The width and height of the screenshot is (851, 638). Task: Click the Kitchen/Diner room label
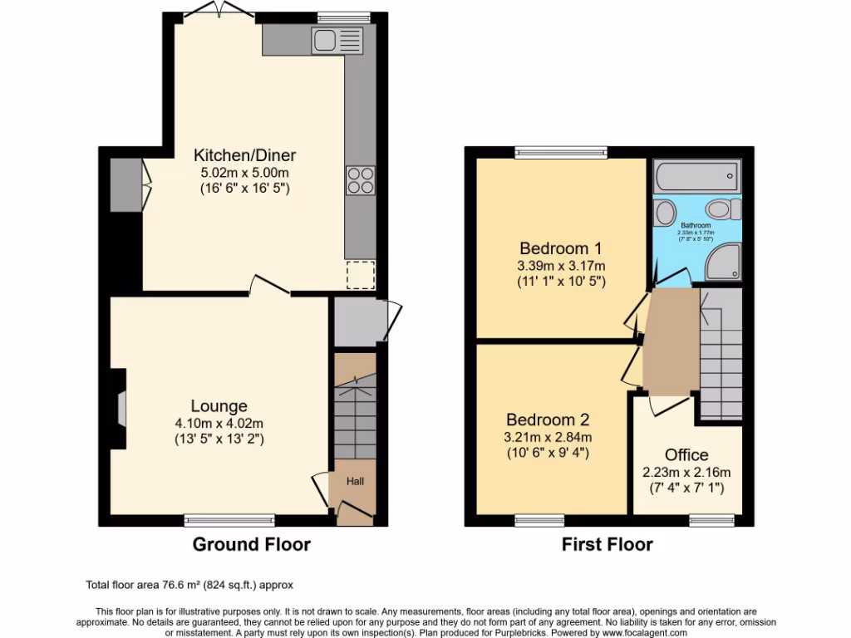pos(244,155)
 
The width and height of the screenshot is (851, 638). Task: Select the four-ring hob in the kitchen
pos(361,180)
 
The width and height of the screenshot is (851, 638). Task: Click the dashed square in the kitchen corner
pos(361,274)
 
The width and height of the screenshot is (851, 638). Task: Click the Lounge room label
pos(219,406)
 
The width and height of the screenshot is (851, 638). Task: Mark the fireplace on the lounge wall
pos(121,410)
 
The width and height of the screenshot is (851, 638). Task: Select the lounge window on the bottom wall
pos(229,521)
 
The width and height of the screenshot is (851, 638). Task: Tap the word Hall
pos(355,481)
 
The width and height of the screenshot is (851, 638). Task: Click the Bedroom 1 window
pos(560,152)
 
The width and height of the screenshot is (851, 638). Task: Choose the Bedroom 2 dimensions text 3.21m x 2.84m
pos(548,437)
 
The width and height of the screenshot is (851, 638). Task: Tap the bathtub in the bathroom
pos(696,175)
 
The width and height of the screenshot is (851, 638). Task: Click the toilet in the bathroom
pos(720,208)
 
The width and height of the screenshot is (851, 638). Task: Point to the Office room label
pos(686,455)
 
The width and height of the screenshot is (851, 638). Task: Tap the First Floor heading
pos(608,545)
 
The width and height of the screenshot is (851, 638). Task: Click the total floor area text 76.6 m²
pos(189,585)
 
